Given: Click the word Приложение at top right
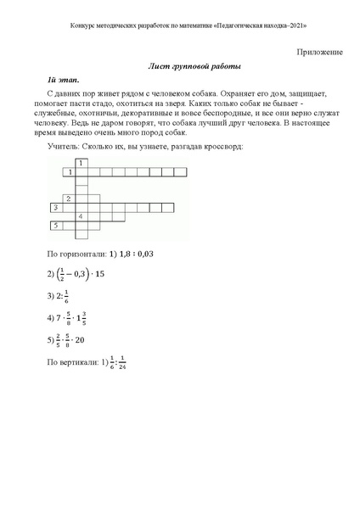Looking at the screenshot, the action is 320,52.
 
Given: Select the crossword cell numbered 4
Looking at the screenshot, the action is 82,216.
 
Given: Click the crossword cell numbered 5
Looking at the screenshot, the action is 56,226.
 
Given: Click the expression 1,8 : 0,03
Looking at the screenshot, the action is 132,254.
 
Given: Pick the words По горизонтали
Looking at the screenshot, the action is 73,254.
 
